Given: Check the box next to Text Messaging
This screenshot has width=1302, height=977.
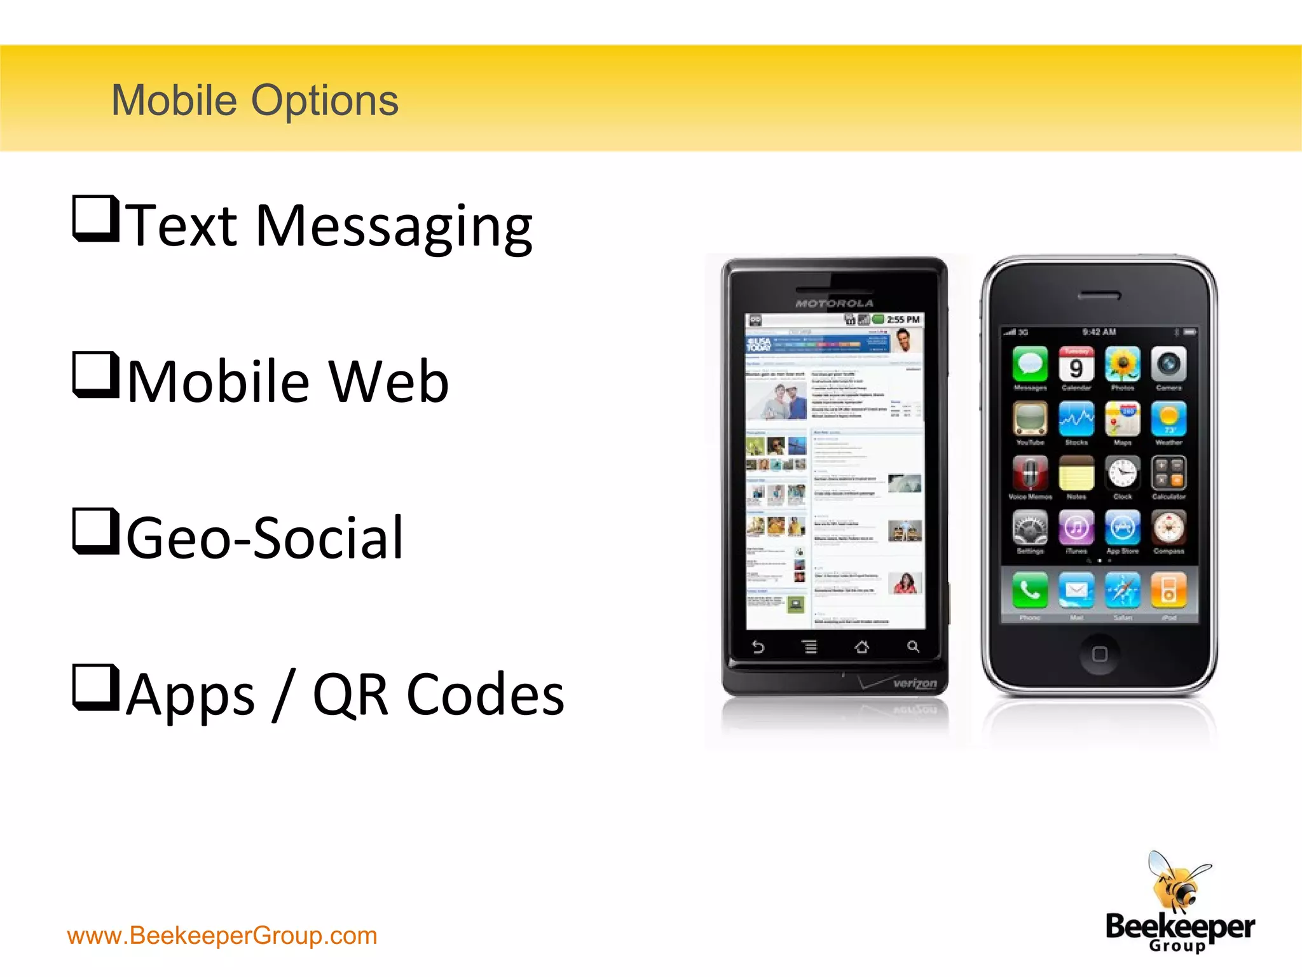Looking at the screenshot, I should [x=95, y=219].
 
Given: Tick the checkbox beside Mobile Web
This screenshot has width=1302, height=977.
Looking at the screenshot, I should [x=95, y=375].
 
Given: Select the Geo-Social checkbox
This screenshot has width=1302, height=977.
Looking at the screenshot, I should [x=95, y=531].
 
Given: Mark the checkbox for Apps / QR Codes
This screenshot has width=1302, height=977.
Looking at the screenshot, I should [x=95, y=687].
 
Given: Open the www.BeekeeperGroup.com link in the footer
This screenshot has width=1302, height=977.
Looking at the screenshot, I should [x=222, y=936].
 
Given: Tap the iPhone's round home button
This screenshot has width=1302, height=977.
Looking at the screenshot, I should [x=1099, y=654].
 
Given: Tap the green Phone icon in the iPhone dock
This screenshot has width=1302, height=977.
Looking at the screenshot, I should [x=1030, y=590].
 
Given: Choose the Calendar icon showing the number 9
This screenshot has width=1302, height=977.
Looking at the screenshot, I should [x=1076, y=364].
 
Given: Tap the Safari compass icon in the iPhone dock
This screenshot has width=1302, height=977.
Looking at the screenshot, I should [x=1123, y=590].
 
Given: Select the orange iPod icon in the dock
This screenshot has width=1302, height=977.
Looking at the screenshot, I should [x=1168, y=590].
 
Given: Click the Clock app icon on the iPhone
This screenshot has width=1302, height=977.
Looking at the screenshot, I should [x=1123, y=474].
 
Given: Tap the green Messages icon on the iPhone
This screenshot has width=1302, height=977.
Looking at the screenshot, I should [x=1030, y=364].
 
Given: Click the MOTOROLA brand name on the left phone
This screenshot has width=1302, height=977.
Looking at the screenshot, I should [x=835, y=303].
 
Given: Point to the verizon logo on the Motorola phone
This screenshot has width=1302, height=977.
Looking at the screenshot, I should [x=915, y=683].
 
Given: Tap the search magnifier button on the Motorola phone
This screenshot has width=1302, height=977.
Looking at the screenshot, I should [x=913, y=647].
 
